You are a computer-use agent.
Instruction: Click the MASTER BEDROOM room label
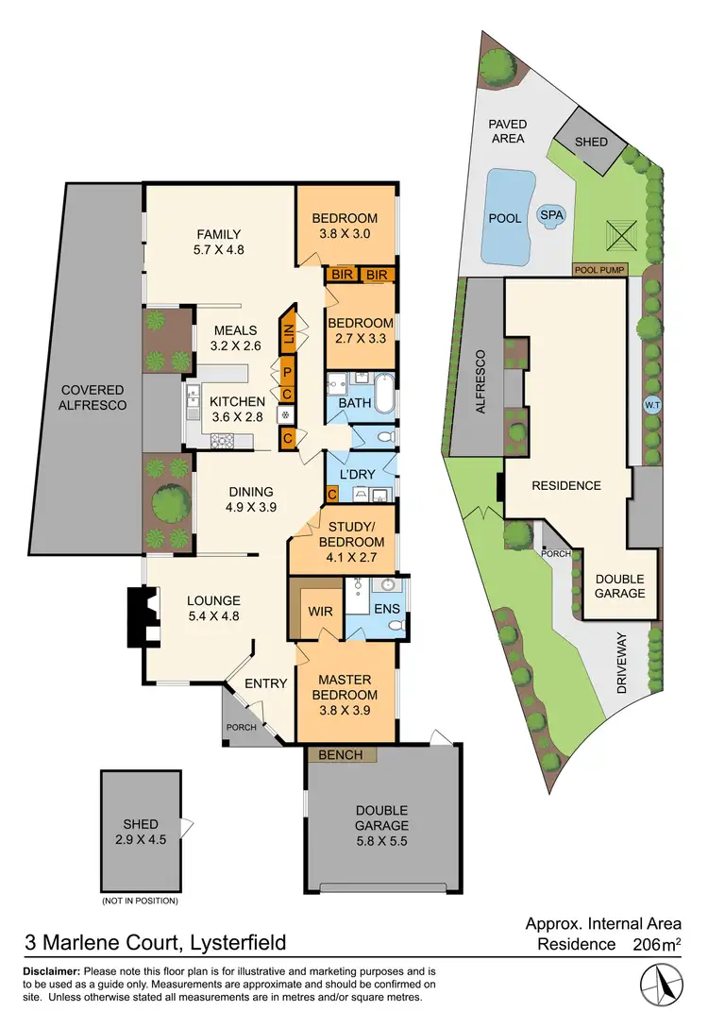tap(345, 687)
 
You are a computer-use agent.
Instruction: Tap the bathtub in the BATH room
tap(383, 393)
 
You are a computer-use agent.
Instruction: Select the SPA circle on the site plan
tap(549, 215)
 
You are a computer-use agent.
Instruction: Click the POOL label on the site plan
tap(505, 219)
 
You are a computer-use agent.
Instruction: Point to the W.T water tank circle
tap(651, 406)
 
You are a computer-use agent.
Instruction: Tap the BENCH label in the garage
tap(341, 755)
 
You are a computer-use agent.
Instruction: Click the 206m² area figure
tap(653, 944)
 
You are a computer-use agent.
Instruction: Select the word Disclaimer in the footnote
tap(52, 972)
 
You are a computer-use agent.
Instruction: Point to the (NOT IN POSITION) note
tap(140, 901)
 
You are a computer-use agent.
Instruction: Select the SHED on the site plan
tap(592, 143)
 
